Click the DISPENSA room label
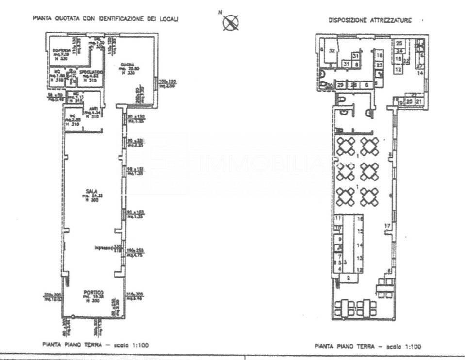[x=61, y=50]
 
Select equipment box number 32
[x=333, y=50]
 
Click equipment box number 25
[x=399, y=43]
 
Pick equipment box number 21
[x=419, y=101]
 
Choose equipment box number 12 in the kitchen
[x=398, y=70]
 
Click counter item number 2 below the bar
[x=348, y=278]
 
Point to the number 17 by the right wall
[x=387, y=226]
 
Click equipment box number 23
[x=380, y=65]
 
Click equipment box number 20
[x=409, y=101]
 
